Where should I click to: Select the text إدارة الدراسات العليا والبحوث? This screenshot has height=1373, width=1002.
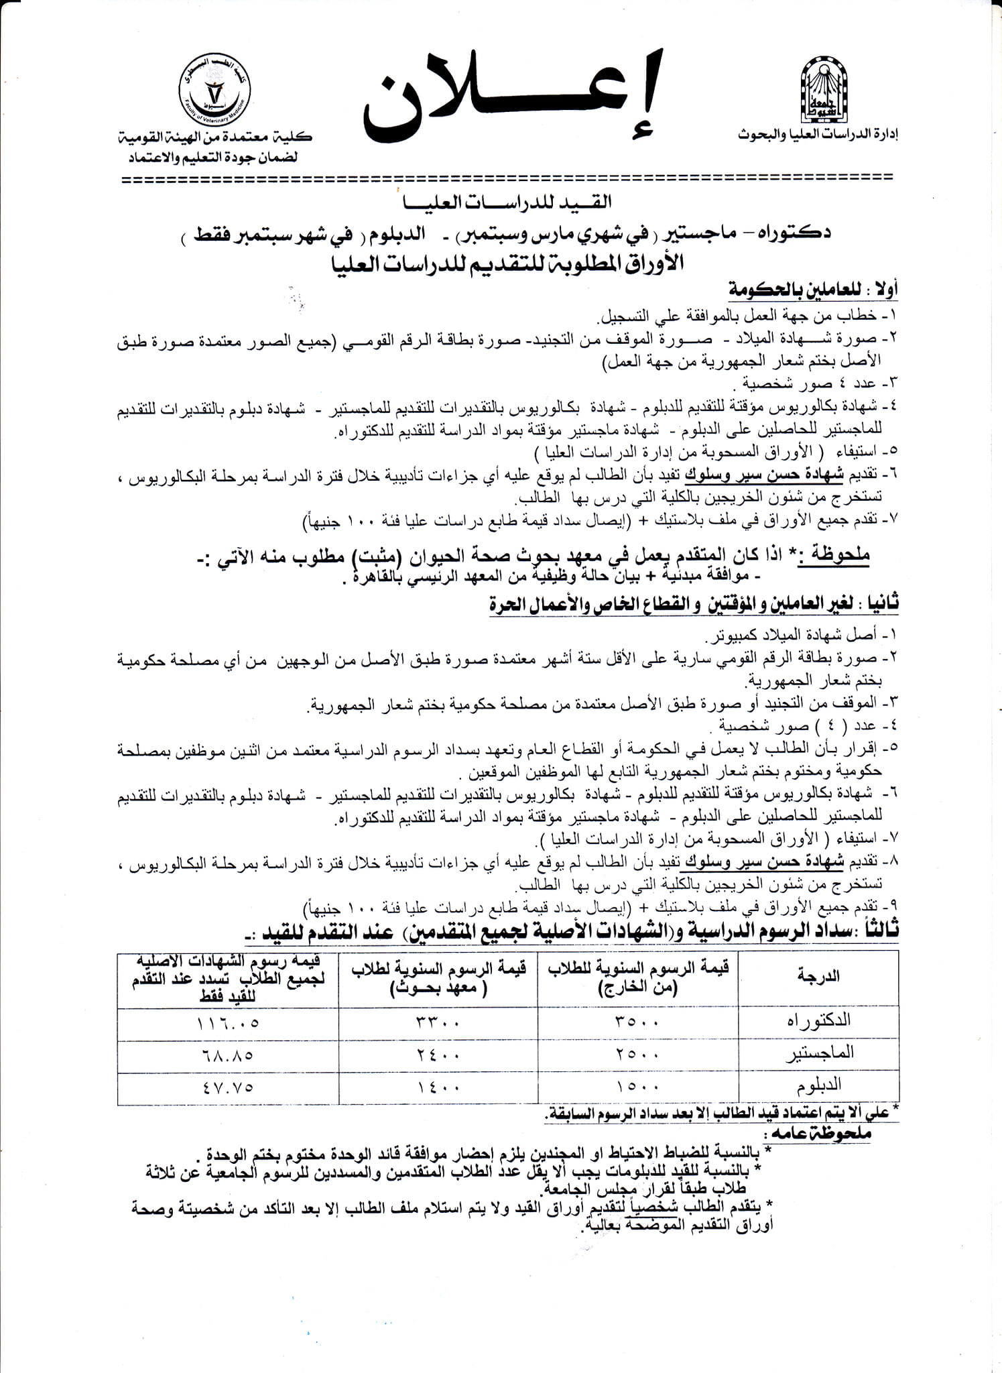pos(818,134)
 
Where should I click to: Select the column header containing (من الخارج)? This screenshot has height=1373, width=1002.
pos(637,976)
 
